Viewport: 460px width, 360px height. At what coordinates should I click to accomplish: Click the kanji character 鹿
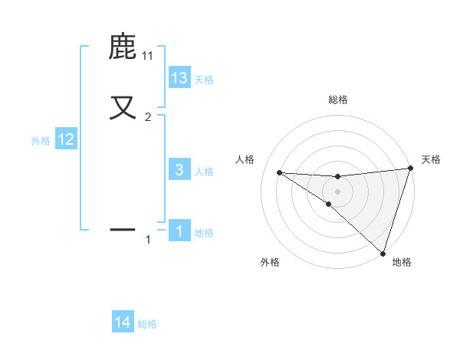123,47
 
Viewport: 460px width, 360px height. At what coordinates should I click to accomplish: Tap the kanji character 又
123,106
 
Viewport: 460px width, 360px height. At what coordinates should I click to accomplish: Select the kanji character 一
123,228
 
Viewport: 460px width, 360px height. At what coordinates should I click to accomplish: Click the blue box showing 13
179,78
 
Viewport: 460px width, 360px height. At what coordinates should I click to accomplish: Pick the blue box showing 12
66,139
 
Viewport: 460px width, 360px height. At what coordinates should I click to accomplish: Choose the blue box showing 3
179,170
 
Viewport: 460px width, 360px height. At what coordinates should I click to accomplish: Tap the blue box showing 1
179,231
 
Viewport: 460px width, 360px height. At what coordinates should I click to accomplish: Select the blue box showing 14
123,322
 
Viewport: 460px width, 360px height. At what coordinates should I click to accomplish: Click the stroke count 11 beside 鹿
148,56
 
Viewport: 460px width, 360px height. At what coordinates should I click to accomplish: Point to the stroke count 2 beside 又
148,117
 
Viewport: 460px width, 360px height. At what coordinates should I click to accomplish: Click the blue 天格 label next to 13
204,80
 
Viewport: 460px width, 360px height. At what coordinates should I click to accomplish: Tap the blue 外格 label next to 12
41,141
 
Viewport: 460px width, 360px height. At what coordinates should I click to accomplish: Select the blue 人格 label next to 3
204,172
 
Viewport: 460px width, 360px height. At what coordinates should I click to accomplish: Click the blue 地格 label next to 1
204,233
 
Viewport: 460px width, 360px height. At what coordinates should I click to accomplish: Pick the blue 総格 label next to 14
147,324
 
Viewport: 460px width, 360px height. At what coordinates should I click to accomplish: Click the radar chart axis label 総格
338,100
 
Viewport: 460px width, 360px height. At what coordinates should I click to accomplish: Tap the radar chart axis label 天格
431,159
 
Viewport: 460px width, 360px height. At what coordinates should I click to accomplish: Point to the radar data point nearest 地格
383,254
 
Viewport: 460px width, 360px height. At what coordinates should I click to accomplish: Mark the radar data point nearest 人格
279,172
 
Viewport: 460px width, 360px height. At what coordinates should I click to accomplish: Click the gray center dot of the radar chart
337,190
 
